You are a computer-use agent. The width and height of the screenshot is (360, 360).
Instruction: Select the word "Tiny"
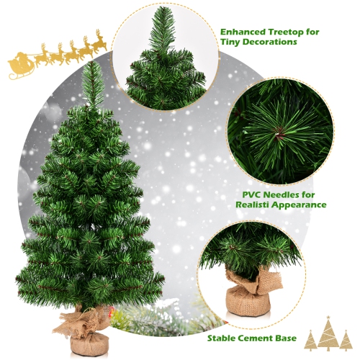pyautogui.click(x=232, y=42)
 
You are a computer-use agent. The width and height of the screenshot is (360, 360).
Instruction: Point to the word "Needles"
pyautogui.click(x=279, y=194)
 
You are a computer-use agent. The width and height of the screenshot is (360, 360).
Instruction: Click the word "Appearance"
pyautogui.click(x=302, y=205)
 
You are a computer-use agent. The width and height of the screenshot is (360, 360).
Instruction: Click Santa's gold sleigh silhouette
pyautogui.click(x=22, y=66)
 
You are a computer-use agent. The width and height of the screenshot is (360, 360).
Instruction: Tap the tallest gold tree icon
pyautogui.click(x=328, y=335)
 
